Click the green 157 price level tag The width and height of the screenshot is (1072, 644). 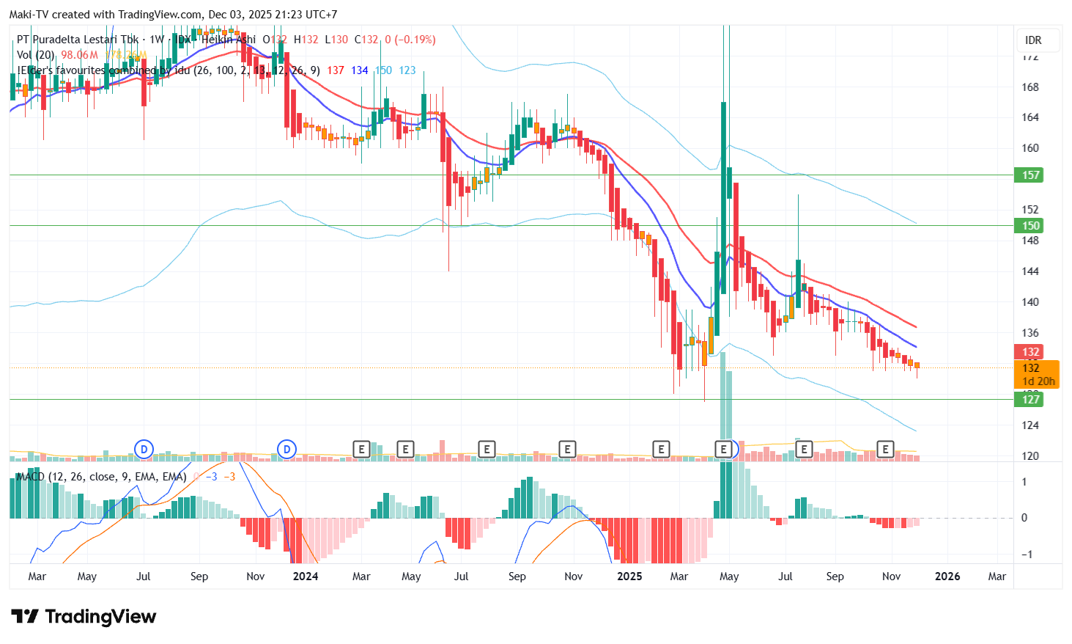point(1030,175)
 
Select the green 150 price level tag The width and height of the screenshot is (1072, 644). point(1030,226)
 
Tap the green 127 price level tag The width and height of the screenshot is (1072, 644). point(1030,399)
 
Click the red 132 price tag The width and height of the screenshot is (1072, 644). point(1030,352)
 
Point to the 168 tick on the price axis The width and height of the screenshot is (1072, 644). point(1030,87)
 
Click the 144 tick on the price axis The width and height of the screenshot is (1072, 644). point(1030,271)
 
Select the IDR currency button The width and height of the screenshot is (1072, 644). point(1033,40)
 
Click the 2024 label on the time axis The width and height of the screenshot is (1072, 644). point(306,577)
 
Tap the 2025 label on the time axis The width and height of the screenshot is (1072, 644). point(629,577)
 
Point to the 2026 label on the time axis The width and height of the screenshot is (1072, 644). point(947,577)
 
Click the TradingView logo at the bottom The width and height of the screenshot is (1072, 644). point(84,617)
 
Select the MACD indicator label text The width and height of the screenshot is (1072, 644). point(101,477)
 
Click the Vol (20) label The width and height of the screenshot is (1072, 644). point(36,55)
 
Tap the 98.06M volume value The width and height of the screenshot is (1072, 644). point(79,55)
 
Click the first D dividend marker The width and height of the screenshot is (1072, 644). point(144,449)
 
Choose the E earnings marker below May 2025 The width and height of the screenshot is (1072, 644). point(724,449)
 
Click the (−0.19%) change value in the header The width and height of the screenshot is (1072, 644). point(415,40)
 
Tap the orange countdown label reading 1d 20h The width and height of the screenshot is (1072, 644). point(1038,381)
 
